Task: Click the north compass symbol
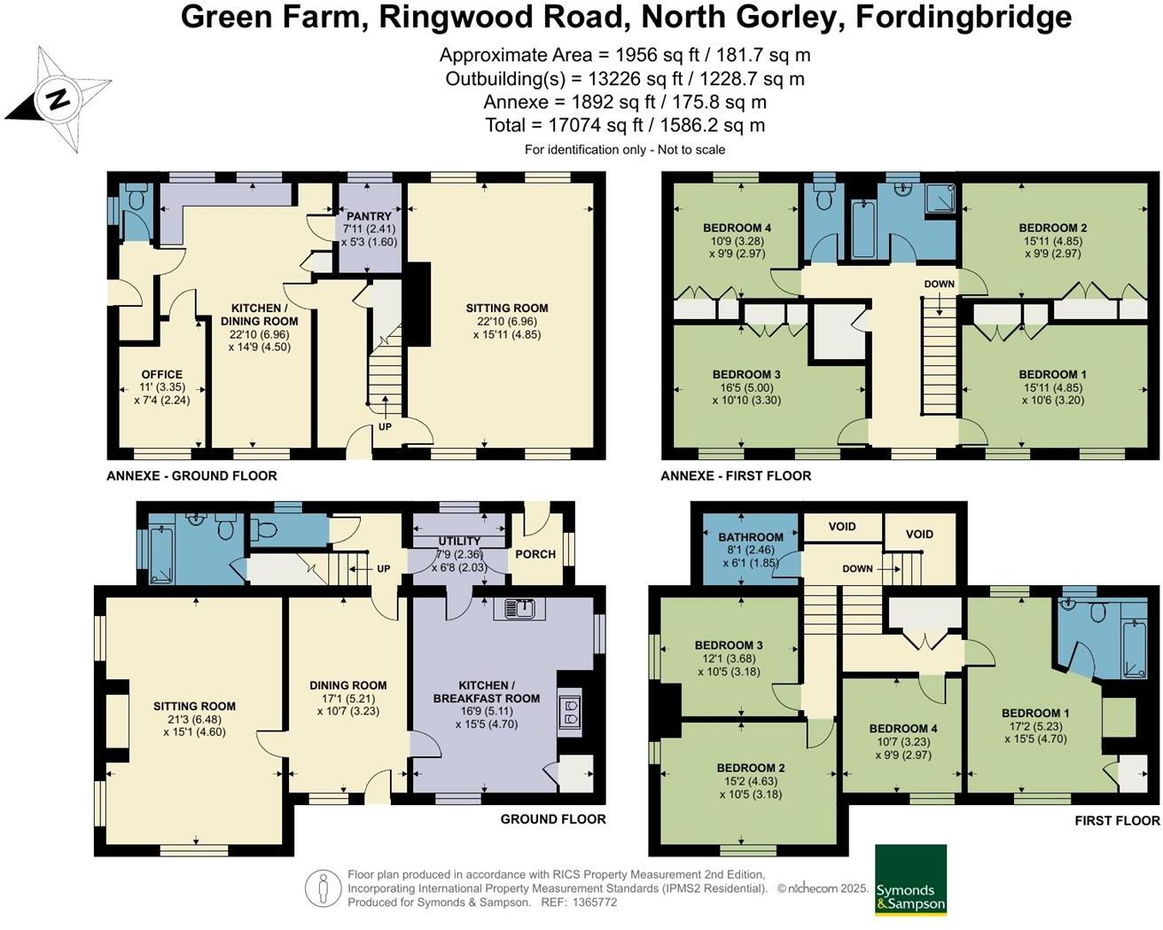[x=59, y=99]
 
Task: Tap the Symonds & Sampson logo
[x=910, y=879]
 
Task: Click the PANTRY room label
[x=369, y=216]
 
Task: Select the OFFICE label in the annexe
[x=161, y=375]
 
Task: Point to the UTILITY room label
[x=459, y=541]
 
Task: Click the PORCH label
[x=535, y=554]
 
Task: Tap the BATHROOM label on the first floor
[x=751, y=537]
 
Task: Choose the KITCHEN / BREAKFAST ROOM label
[x=487, y=692]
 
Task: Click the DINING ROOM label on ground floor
[x=347, y=685]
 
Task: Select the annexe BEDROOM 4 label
[x=737, y=228]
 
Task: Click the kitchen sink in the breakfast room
[x=525, y=608]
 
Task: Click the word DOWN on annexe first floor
[x=939, y=285]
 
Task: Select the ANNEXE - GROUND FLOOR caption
[x=191, y=476]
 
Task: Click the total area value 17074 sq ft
[x=625, y=126]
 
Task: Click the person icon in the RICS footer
[x=324, y=888]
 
